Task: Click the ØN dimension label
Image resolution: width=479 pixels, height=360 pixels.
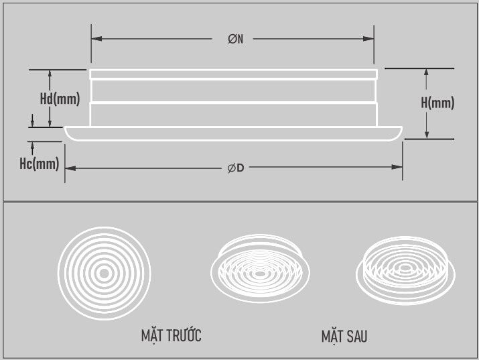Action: (235, 40)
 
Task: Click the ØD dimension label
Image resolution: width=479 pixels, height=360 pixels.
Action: (235, 168)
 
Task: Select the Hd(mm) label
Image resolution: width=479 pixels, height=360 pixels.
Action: (60, 99)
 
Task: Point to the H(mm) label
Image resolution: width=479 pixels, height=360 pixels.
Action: (437, 103)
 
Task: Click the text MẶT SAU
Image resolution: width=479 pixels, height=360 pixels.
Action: (344, 335)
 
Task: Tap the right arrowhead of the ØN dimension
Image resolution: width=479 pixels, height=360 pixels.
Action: (370, 40)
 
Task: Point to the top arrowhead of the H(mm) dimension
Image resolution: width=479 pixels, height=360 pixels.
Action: (426, 72)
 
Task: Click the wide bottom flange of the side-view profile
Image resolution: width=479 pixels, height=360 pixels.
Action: (234, 133)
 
